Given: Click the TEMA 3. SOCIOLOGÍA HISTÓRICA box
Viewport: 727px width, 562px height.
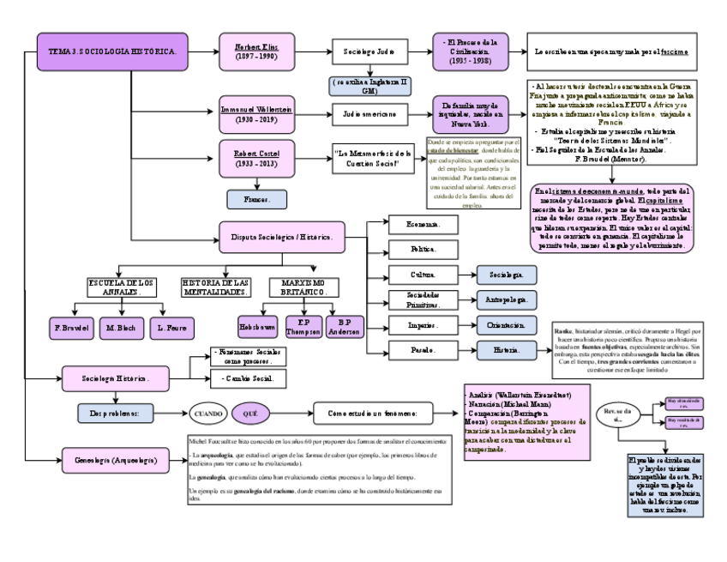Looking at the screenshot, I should click(112, 51).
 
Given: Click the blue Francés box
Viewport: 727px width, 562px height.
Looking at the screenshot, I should click(256, 199).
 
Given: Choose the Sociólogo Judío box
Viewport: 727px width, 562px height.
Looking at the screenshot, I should click(369, 51).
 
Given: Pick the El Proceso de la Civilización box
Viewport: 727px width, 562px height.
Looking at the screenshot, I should click(471, 51).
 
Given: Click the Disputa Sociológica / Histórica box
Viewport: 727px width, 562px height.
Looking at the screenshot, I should click(282, 236).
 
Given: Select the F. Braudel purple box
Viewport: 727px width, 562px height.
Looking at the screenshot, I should click(72, 328).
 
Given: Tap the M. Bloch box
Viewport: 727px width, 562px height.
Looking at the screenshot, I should click(122, 328).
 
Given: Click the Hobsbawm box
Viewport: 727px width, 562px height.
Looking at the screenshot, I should click(258, 327).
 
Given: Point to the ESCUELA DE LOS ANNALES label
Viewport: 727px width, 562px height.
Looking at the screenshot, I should click(122, 287).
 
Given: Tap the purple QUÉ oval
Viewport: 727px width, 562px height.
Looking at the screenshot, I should click(250, 413).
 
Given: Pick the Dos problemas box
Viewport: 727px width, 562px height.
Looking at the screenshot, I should click(120, 413).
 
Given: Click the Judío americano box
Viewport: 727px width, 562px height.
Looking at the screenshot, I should click(369, 113).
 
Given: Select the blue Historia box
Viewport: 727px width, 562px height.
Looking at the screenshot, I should click(507, 350).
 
